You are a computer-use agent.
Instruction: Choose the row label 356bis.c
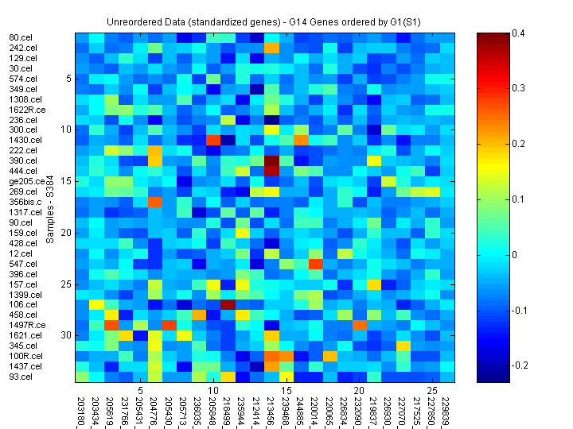click(x=25, y=202)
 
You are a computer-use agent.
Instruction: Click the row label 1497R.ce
click(x=26, y=325)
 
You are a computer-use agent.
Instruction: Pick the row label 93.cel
click(x=21, y=377)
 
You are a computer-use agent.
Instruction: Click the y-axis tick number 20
click(x=67, y=233)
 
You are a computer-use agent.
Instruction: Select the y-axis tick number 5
click(x=69, y=79)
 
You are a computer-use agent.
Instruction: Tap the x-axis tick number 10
click(x=213, y=391)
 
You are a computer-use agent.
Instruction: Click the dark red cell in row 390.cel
click(x=272, y=160)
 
